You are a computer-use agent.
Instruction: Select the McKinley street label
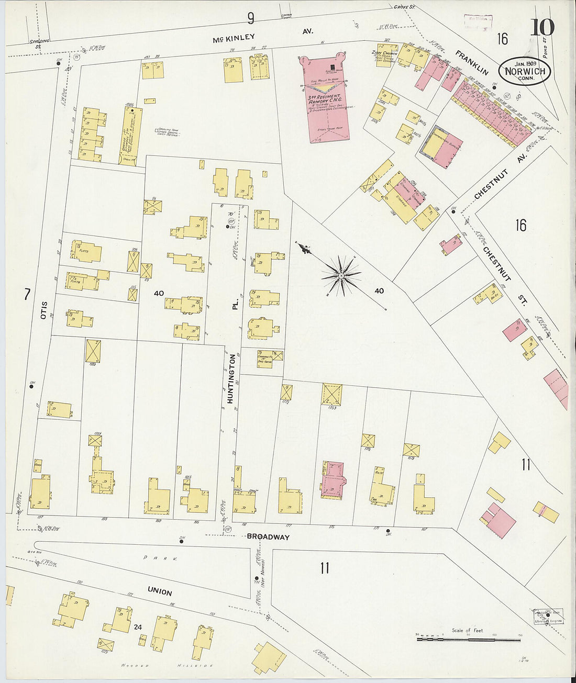[x=234, y=38]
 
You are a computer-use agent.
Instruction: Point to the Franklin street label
[x=471, y=63]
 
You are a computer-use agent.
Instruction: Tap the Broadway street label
[x=268, y=536]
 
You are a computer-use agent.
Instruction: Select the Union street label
[x=160, y=591]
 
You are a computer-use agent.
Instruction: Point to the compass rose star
[x=341, y=275]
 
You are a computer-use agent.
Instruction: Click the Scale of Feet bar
[x=468, y=639]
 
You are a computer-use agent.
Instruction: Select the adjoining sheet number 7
[x=26, y=295]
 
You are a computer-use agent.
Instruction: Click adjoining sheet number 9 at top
[x=251, y=19]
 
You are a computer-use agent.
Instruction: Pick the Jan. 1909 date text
[x=524, y=61]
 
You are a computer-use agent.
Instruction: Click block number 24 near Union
[x=138, y=627]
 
